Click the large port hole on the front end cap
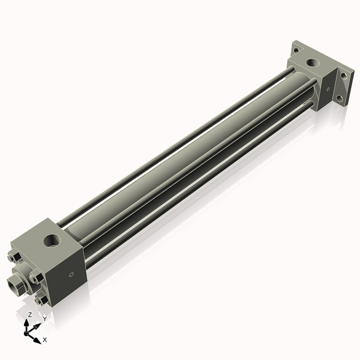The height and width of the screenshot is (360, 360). [x=50, y=242]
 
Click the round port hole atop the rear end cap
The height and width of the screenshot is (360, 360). [x=311, y=62]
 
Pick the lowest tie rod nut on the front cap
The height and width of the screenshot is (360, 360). [x=41, y=299]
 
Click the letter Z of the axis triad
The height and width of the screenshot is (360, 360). [x=30, y=314]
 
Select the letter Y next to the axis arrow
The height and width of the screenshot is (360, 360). [x=44, y=319]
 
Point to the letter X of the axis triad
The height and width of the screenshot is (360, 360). [x=45, y=340]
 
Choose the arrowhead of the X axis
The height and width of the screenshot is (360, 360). [x=38, y=338]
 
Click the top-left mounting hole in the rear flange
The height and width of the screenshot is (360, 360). [x=295, y=46]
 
